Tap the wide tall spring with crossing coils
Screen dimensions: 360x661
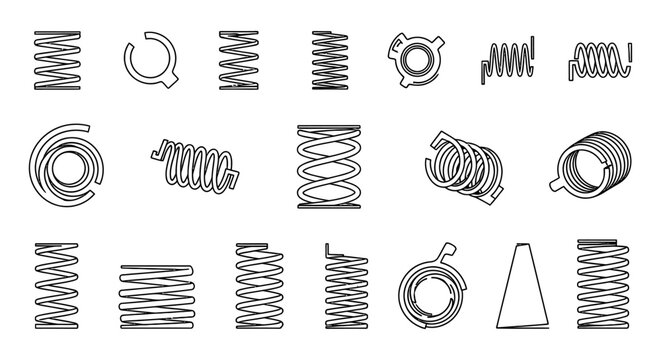click(328, 167)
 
